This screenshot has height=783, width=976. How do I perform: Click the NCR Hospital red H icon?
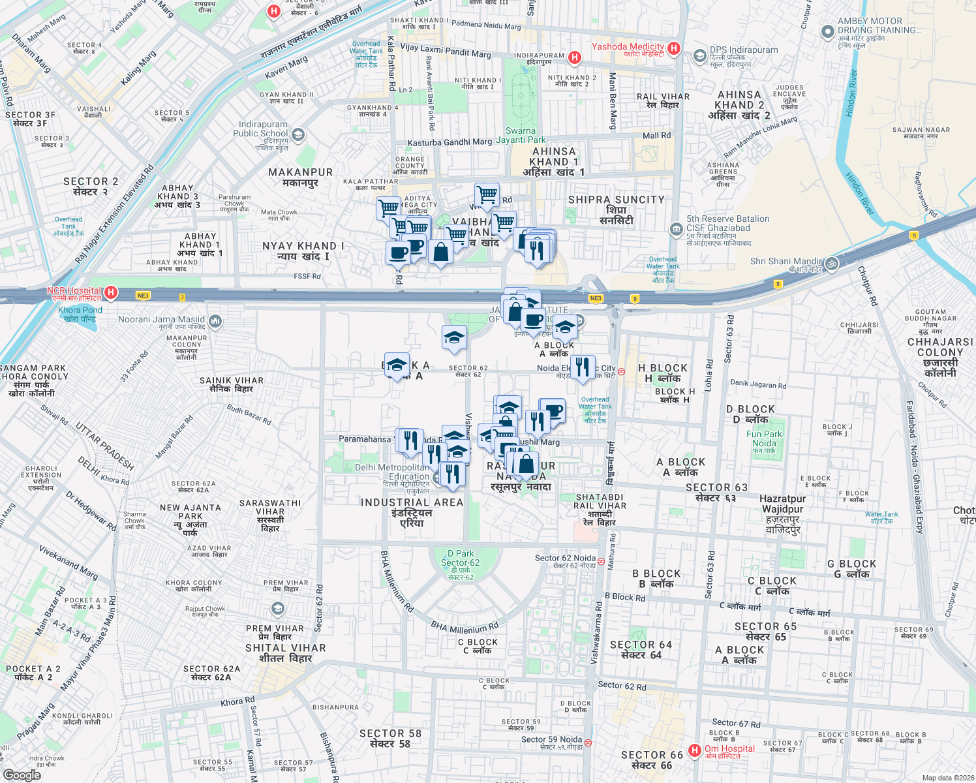[x=111, y=292]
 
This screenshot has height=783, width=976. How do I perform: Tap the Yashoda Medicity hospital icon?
[x=675, y=48]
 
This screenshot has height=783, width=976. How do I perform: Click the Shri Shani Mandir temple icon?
[x=831, y=264]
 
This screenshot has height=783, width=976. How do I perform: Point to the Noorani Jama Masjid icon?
[x=215, y=321]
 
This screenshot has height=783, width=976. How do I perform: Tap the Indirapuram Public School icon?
[x=298, y=135]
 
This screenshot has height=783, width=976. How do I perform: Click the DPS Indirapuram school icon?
[x=699, y=55]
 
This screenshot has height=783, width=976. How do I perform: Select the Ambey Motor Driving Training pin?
[x=828, y=31]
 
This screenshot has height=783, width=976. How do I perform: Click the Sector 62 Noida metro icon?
[x=601, y=560]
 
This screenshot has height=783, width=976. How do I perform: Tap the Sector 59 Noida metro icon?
[x=588, y=743]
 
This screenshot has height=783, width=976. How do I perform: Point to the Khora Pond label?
[x=80, y=314]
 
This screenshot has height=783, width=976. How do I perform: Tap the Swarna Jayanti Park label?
[x=521, y=135]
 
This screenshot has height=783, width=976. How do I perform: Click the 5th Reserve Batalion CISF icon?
[x=676, y=229]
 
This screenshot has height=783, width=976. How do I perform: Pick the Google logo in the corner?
[x=22, y=775]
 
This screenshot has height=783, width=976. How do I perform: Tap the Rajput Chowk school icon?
[x=277, y=609]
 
